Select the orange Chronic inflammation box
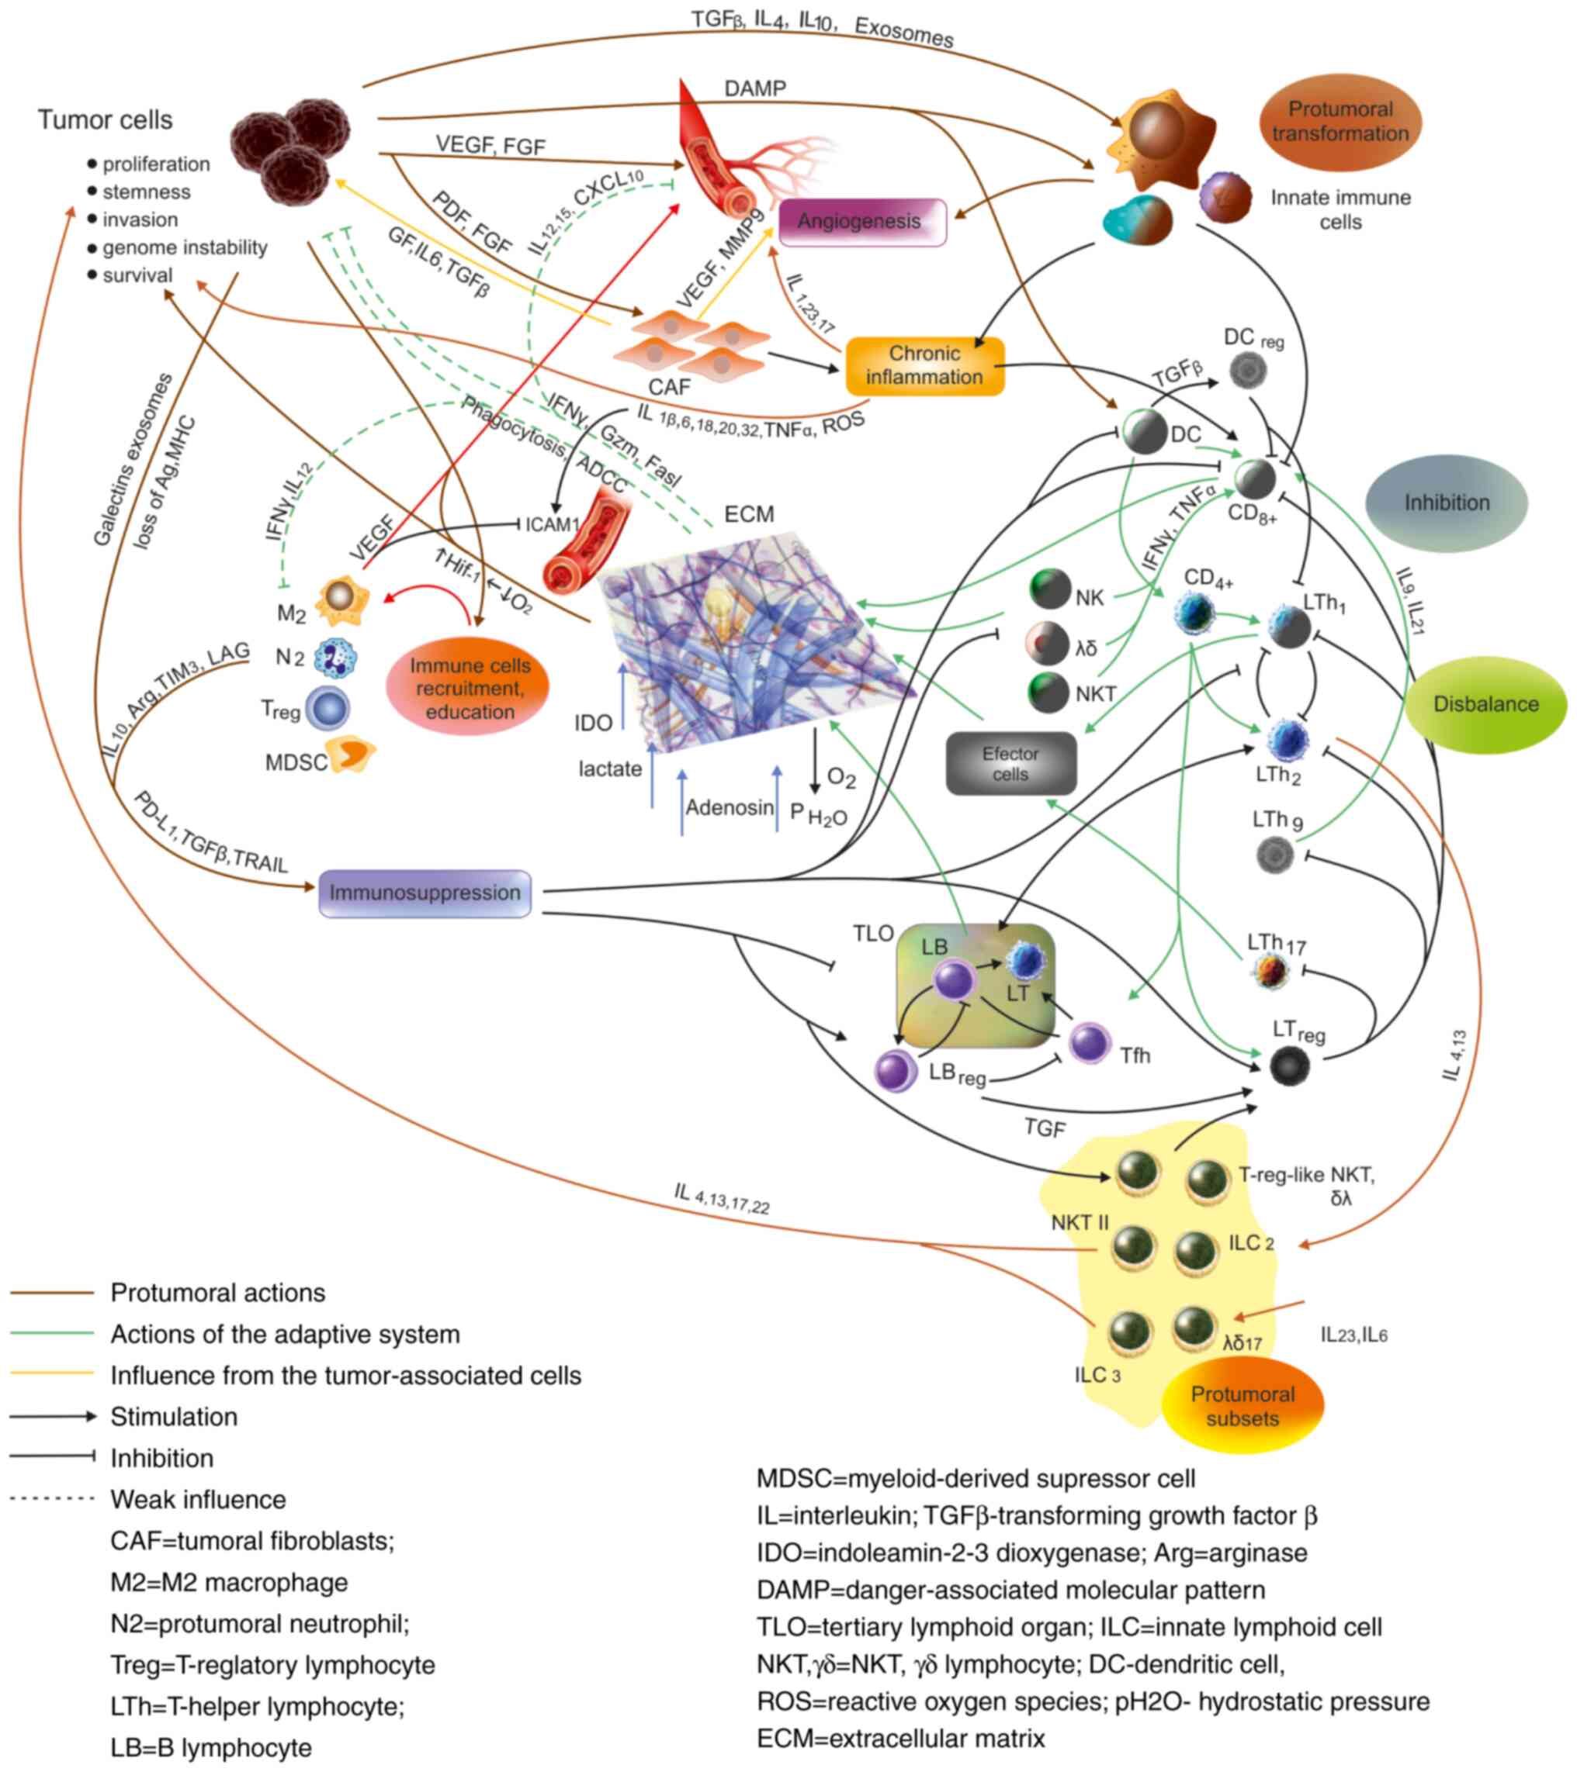coord(924,366)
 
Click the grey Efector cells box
coord(1010,764)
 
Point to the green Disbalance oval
coord(1485,704)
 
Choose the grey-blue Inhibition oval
coord(1446,503)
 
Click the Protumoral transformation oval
coord(1340,122)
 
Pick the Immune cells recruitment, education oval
coord(469,689)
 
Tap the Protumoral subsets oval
coord(1243,1406)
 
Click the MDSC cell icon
coord(349,756)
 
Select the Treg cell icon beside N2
coord(328,708)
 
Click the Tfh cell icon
coord(1089,1044)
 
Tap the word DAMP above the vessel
coord(754,89)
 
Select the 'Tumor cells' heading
coord(105,119)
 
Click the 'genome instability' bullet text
coord(185,248)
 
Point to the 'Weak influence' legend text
coord(198,1500)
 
